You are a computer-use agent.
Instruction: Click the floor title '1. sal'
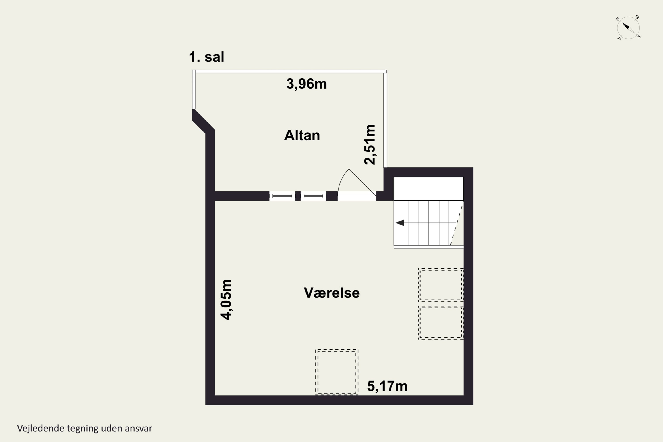click(x=207, y=57)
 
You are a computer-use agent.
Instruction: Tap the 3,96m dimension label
click(x=306, y=84)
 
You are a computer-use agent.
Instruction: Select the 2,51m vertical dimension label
click(x=370, y=145)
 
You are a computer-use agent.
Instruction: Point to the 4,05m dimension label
click(x=226, y=300)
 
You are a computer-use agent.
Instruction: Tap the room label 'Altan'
click(x=302, y=135)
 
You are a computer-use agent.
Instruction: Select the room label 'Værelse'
click(x=332, y=293)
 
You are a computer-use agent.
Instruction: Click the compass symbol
click(x=628, y=28)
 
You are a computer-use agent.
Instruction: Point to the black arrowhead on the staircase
click(x=400, y=223)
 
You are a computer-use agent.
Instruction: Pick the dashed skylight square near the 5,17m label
click(x=337, y=372)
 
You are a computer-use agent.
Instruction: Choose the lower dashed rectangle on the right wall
click(x=441, y=322)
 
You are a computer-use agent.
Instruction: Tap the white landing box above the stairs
click(x=429, y=189)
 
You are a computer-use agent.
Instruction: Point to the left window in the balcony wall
click(x=282, y=196)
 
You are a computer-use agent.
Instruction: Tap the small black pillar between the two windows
click(x=298, y=196)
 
